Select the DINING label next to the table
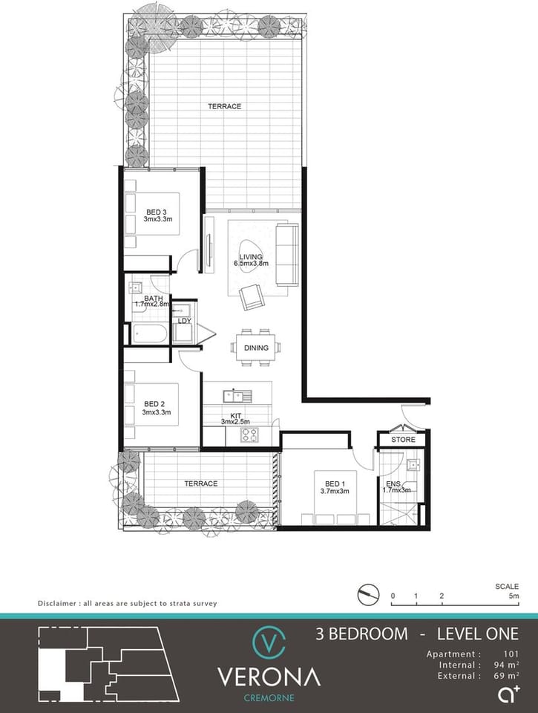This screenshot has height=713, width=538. [255, 348]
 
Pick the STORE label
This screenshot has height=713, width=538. [403, 440]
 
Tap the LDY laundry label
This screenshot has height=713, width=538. [183, 321]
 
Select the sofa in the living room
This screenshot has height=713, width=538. [286, 254]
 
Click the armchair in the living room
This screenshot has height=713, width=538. [251, 297]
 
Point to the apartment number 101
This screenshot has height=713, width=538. [511, 654]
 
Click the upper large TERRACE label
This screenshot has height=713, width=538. [224, 106]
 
